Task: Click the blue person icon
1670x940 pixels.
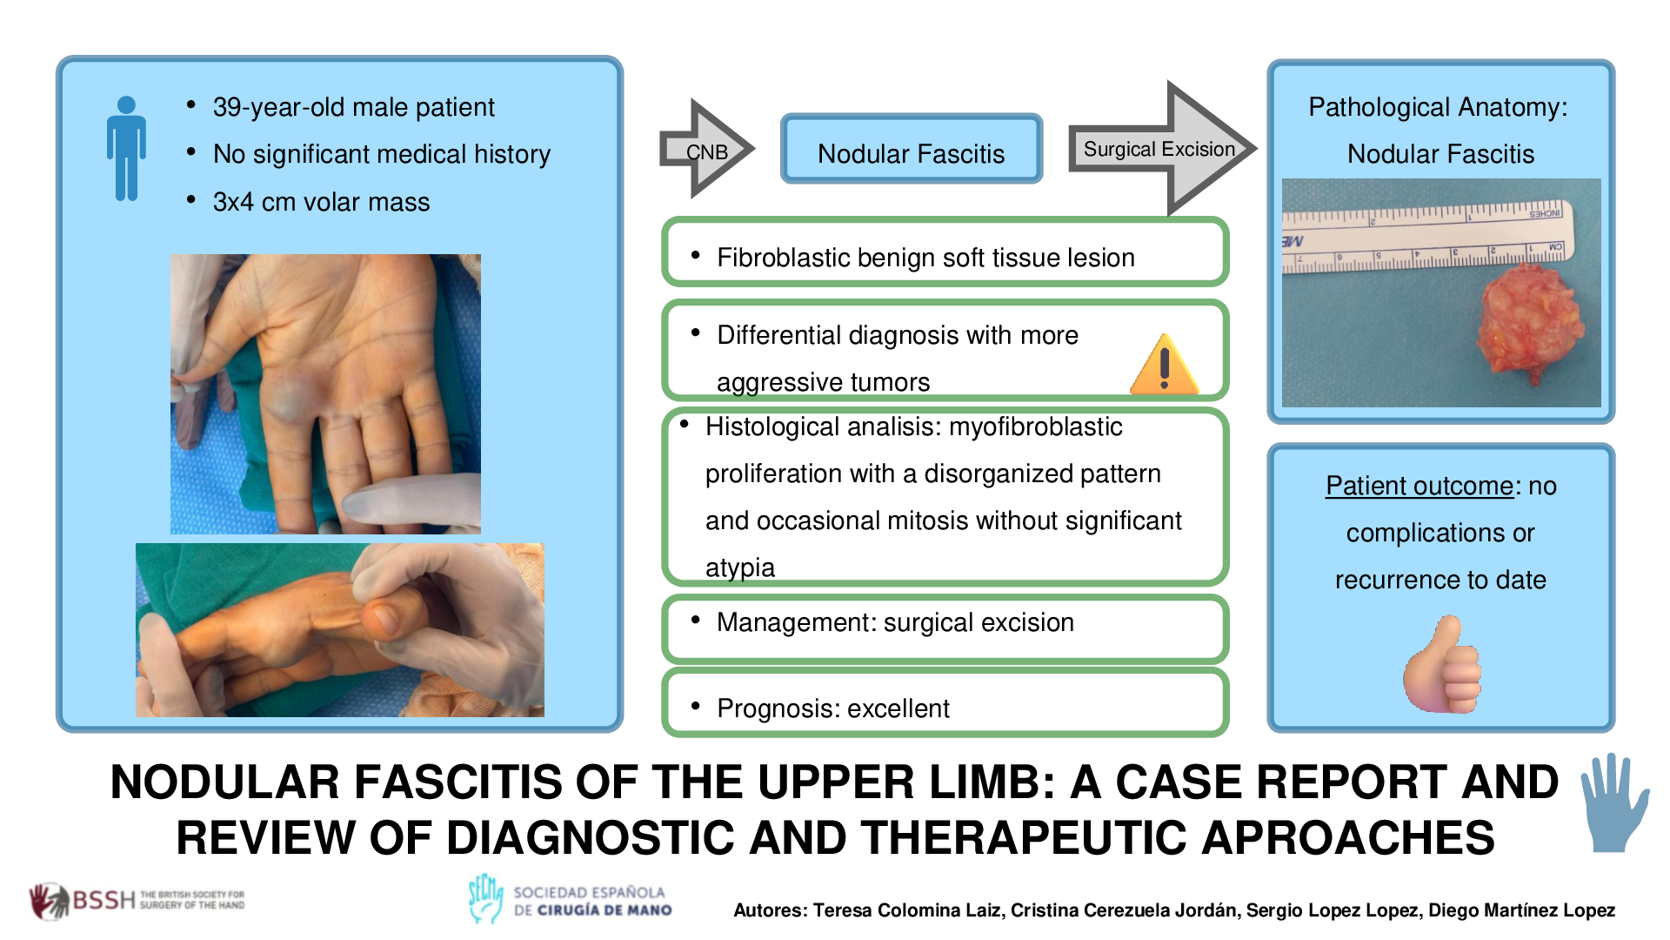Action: click(x=127, y=149)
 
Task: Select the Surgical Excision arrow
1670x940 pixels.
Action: click(x=1161, y=149)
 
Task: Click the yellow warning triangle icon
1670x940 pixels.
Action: click(x=1164, y=366)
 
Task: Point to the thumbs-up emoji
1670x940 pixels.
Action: click(x=1441, y=665)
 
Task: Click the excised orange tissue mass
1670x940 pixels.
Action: click(x=1531, y=322)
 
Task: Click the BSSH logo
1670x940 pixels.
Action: click(x=137, y=900)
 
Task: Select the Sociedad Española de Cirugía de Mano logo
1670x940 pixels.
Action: click(x=571, y=900)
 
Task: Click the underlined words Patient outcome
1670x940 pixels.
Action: click(x=1419, y=486)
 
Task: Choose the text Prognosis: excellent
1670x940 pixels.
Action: click(x=832, y=708)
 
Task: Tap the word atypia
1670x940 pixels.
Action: click(x=739, y=567)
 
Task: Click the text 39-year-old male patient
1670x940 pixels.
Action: click(x=353, y=107)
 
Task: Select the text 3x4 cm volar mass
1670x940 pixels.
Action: click(x=321, y=202)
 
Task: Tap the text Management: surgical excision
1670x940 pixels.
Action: click(x=895, y=623)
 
